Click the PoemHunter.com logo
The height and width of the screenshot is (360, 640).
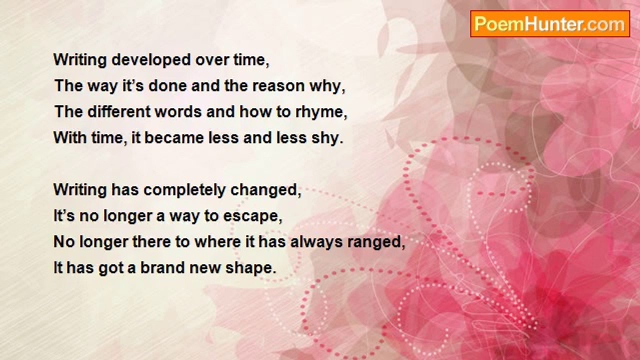(x=550, y=24)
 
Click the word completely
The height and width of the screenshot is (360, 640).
(x=184, y=190)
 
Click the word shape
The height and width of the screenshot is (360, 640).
(x=249, y=268)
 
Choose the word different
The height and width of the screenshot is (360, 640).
(x=119, y=111)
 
